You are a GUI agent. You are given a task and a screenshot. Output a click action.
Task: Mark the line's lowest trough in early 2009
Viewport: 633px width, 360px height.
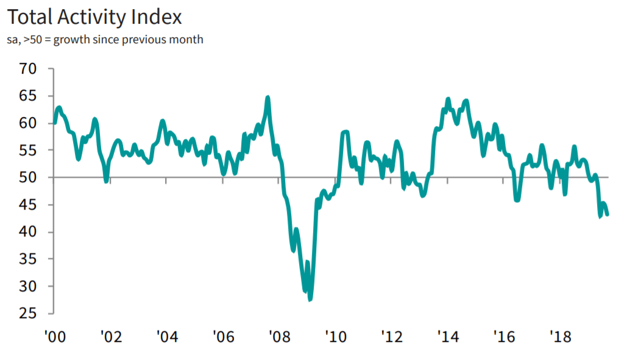pos(309,299)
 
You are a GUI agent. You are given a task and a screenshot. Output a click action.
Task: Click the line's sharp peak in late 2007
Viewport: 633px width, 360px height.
pos(268,97)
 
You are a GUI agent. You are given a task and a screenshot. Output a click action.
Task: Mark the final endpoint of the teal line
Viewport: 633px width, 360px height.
pos(607,214)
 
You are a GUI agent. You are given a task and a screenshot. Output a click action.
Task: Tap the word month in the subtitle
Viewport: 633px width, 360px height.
pos(187,40)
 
